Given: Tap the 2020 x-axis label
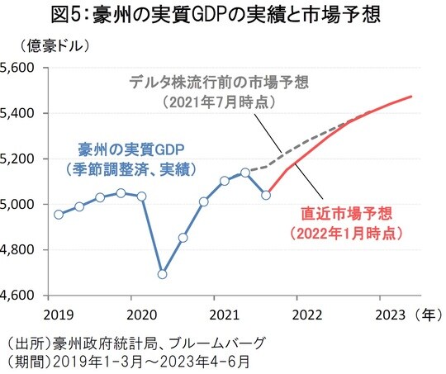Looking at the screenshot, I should (140, 314).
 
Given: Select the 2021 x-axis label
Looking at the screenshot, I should (224, 314).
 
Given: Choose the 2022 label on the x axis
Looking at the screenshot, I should (306, 314).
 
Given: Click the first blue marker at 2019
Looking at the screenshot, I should (59, 215).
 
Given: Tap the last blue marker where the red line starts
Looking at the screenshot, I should (266, 195).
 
